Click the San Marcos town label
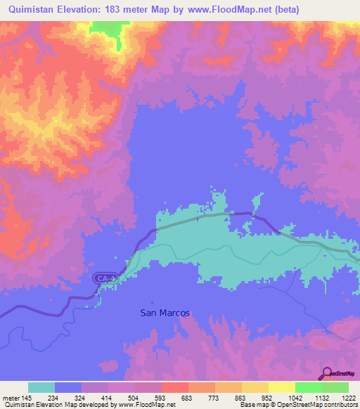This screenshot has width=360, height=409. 165,313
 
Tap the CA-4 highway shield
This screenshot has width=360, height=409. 103,279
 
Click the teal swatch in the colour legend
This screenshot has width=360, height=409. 41,387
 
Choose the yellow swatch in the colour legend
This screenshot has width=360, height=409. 281,387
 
